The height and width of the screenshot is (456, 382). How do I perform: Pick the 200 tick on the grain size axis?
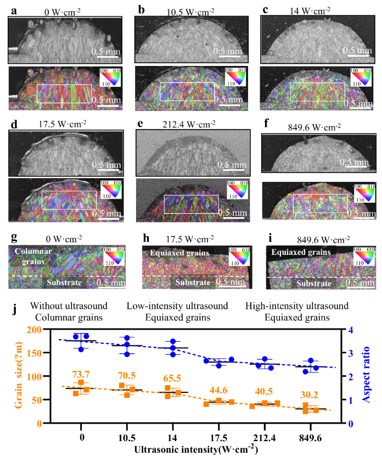pyautogui.click(x=34, y=330)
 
